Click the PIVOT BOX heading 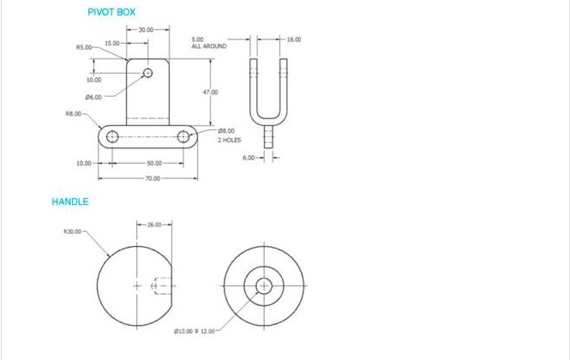click(x=111, y=12)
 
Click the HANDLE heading click(x=70, y=201)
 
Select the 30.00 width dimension click(x=145, y=29)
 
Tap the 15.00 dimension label click(x=112, y=43)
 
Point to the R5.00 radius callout click(x=84, y=48)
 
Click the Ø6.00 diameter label click(x=93, y=97)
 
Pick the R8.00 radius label click(x=74, y=113)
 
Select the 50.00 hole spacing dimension click(x=154, y=163)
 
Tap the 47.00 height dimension click(x=210, y=92)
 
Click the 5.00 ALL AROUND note click(x=208, y=42)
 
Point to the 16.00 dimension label click(x=293, y=39)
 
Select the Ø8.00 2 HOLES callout click(x=230, y=135)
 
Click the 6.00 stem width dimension click(x=249, y=158)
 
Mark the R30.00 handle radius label click(x=72, y=231)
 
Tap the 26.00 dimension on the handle click(x=154, y=225)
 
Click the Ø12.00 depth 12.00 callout click(x=195, y=331)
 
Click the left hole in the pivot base click(x=111, y=137)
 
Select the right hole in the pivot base click(x=183, y=136)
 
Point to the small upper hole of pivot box click(x=147, y=73)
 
